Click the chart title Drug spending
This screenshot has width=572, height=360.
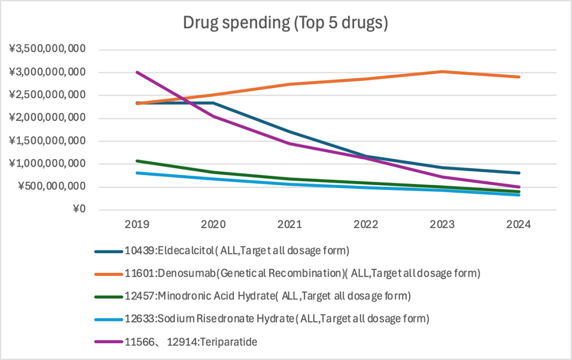click(x=286, y=24)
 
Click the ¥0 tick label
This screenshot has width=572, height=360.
click(x=78, y=210)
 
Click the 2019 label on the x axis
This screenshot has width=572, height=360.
click(x=136, y=225)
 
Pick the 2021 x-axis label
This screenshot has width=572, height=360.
click(x=289, y=225)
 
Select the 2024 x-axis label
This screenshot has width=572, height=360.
click(x=519, y=225)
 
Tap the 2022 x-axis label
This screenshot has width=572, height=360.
click(x=366, y=225)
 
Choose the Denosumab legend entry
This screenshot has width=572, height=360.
click(x=302, y=273)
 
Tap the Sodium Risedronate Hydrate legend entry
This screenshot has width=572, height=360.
click(x=276, y=319)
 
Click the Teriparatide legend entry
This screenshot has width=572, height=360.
click(x=189, y=342)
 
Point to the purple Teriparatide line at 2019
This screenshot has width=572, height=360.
click(x=137, y=72)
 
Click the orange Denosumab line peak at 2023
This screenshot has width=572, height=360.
click(x=442, y=71)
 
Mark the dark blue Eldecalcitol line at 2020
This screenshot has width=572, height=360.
click(x=213, y=103)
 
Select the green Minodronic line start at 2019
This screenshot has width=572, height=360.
click(x=137, y=161)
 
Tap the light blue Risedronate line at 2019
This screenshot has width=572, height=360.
click(x=137, y=173)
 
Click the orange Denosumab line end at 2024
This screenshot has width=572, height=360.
click(x=519, y=76)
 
